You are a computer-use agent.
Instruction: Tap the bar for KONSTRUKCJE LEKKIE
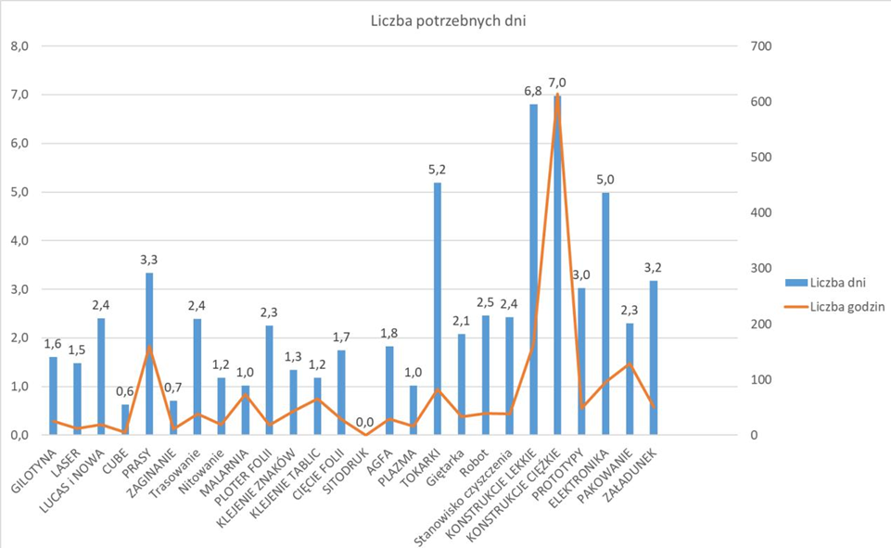click(533, 269)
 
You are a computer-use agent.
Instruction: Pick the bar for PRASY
click(148, 353)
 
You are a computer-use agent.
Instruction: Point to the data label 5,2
click(437, 170)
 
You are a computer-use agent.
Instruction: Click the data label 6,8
click(532, 91)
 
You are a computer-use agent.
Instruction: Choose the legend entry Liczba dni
click(838, 281)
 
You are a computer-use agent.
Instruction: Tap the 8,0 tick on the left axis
click(18, 46)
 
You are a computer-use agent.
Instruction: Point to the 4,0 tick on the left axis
click(18, 241)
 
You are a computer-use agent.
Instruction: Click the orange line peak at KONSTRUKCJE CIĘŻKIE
click(557, 95)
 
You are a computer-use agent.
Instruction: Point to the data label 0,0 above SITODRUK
click(364, 422)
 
